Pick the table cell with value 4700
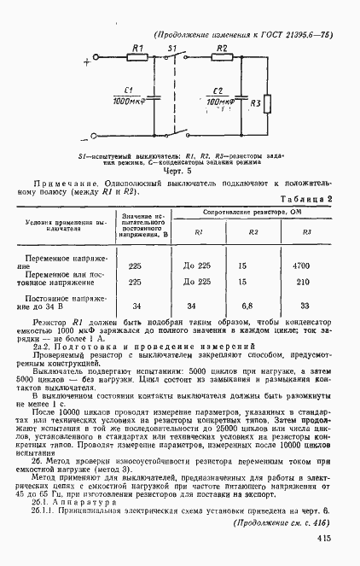click(x=300, y=265)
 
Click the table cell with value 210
click(x=300, y=281)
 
